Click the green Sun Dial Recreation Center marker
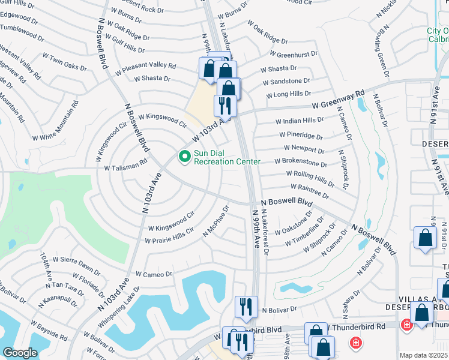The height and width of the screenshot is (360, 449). pos(184,157)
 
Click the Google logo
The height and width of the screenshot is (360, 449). pos(20,353)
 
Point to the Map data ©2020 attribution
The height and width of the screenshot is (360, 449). pos(423,355)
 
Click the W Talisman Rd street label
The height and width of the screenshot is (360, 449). pos(125,164)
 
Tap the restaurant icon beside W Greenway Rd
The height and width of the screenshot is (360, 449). pos(225,106)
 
